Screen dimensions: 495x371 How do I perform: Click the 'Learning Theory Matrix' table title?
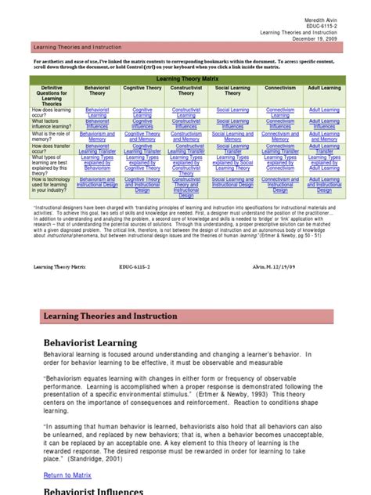pyautogui.click(x=188, y=79)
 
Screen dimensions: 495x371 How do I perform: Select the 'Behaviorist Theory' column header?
pyautogui.click(x=98, y=92)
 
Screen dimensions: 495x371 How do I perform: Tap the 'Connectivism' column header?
pyautogui.click(x=279, y=89)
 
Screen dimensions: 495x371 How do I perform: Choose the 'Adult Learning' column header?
pyautogui.click(x=324, y=89)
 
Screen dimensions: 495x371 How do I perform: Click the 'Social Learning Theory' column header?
pyautogui.click(x=232, y=92)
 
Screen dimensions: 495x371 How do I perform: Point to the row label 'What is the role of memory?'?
pyautogui.click(x=53, y=136)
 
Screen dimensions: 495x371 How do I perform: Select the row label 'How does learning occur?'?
pyautogui.click(x=53, y=113)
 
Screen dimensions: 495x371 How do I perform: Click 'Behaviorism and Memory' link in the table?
pyautogui.click(x=98, y=136)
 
